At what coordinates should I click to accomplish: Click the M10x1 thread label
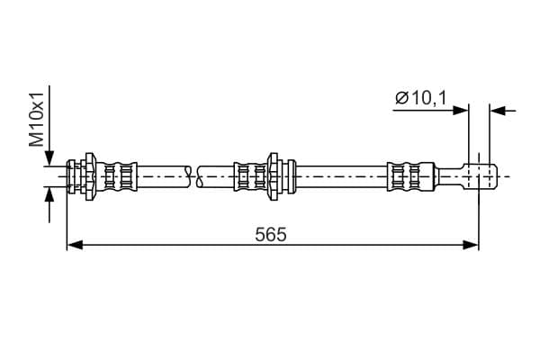[36, 120]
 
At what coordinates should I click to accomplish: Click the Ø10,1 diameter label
[420, 98]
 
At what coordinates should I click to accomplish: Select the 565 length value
[271, 235]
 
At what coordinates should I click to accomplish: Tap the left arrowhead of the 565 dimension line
[75, 245]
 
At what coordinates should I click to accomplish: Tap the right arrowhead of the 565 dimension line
[471, 245]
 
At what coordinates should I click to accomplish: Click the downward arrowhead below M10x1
[49, 158]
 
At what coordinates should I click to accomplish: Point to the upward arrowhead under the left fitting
[49, 195]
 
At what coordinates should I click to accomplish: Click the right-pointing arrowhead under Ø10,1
[461, 111]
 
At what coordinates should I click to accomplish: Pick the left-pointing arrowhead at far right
[498, 111]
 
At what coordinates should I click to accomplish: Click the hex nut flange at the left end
[90, 176]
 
